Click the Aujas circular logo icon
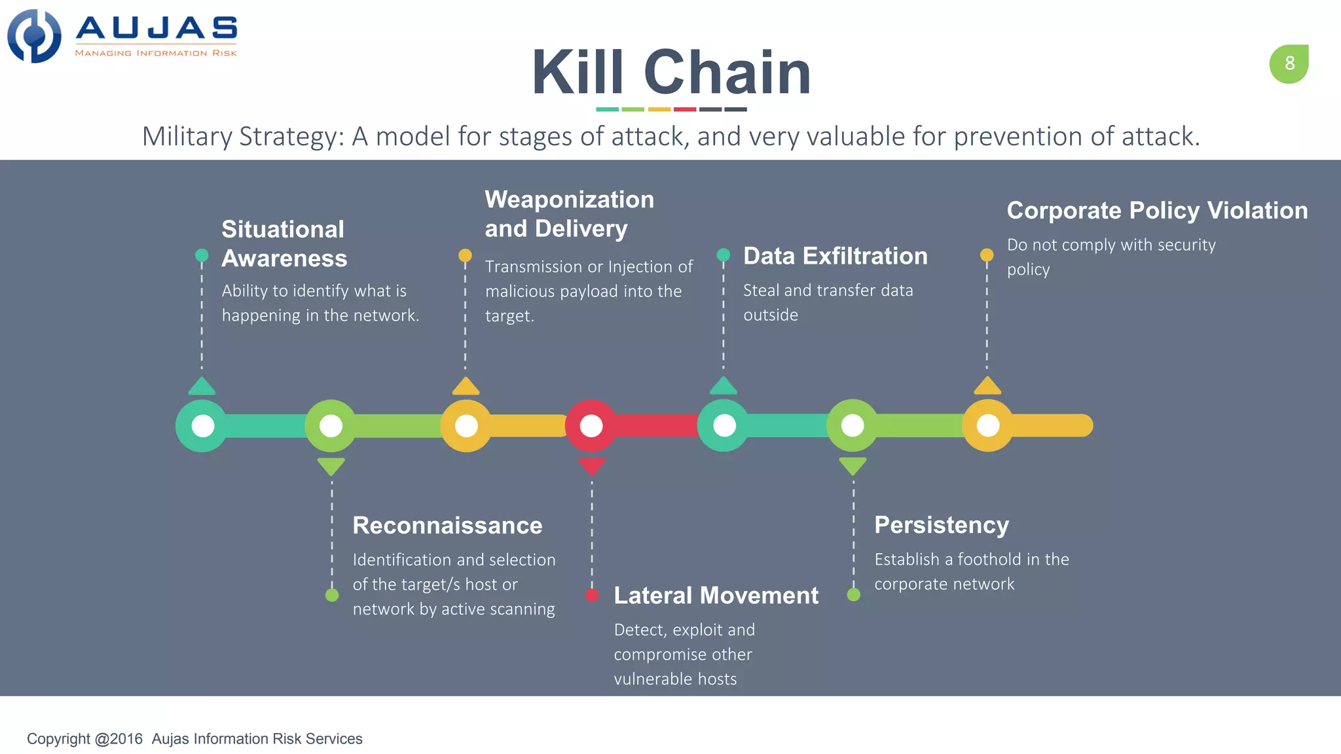point(34,36)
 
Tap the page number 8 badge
point(1289,63)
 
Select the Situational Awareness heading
point(284,243)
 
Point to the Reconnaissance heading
point(447,526)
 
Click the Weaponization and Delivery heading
point(569,214)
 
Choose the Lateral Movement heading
point(716,596)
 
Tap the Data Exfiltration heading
point(835,256)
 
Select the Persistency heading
point(941,525)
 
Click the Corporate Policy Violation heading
point(1157,211)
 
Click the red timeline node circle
point(591,426)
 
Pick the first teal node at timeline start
point(202,426)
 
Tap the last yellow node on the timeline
point(987,426)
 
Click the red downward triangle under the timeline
point(591,467)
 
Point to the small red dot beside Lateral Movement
point(592,595)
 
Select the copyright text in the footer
point(194,739)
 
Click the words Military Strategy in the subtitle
point(242,137)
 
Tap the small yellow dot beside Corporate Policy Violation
point(987,255)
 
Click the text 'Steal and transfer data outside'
point(828,302)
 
